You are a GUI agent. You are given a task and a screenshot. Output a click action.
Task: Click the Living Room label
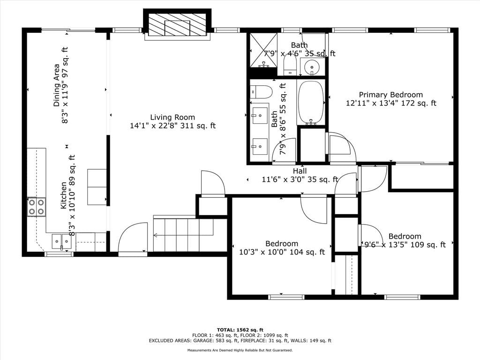[x=172, y=117]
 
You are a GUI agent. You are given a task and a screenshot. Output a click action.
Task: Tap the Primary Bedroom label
[x=390, y=95]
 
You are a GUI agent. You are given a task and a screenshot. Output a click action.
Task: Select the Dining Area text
[x=57, y=85]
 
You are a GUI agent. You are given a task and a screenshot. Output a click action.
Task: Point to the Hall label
[x=300, y=171]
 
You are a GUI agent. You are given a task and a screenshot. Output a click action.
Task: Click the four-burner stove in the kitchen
[x=37, y=207]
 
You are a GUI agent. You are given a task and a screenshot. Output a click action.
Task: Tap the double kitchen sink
[x=61, y=242]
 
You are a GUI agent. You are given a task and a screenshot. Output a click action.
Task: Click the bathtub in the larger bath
[x=311, y=103]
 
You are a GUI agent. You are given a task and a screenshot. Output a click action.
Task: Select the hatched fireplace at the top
[x=177, y=25]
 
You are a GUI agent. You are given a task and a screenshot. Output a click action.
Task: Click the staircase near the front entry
[x=183, y=234]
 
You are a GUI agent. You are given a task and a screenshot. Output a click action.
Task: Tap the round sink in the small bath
[x=312, y=66]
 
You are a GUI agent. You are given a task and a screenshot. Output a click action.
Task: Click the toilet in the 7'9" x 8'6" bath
[x=261, y=91]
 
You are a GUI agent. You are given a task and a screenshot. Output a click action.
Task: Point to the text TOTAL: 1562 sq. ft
[x=240, y=330]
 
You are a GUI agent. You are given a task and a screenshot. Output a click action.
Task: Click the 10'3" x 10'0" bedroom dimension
[x=282, y=252]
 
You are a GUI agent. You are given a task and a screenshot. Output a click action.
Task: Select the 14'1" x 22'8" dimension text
[x=172, y=126]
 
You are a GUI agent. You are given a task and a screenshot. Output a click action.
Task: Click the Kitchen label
[x=63, y=195]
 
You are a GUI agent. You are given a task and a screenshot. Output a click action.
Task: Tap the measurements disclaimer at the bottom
[x=240, y=350]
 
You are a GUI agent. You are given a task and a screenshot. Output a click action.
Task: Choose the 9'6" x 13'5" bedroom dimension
[x=405, y=245]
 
